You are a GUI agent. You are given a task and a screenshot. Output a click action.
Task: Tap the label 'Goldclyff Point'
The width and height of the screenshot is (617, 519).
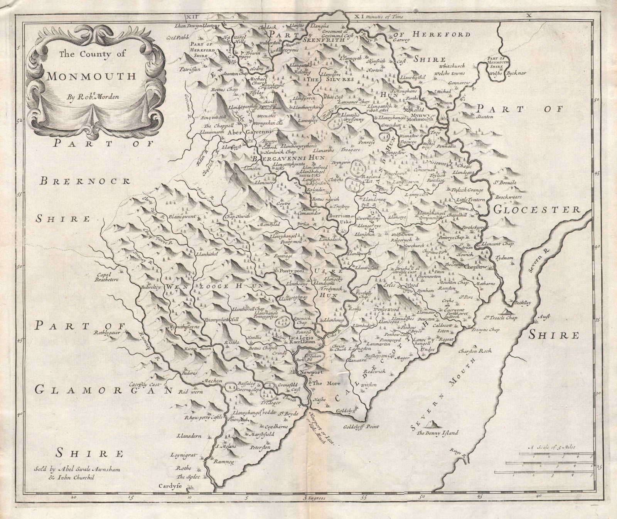click(x=362, y=427)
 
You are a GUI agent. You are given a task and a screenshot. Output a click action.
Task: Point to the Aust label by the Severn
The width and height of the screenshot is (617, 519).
click(x=541, y=316)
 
